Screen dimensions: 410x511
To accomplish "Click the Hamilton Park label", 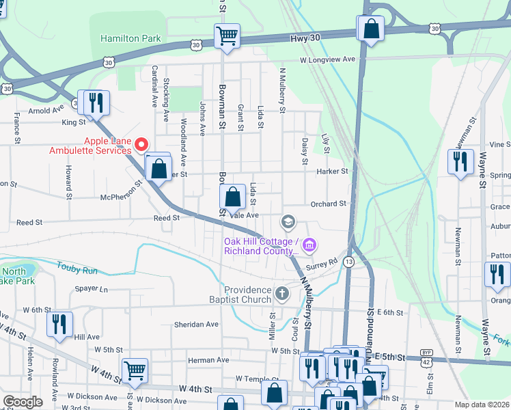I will [130, 38].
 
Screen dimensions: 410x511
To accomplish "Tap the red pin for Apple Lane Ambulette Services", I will [141, 144].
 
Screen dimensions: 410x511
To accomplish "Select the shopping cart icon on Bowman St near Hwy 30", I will [227, 35].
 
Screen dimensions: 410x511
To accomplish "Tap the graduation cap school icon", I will [288, 221].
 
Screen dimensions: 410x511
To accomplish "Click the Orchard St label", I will [328, 204].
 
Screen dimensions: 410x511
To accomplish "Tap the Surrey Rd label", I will [322, 262].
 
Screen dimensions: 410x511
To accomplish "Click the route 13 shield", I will [349, 262].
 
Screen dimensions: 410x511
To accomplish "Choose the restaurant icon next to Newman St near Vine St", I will [460, 161].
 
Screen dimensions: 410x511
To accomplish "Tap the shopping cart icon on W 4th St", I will [135, 370].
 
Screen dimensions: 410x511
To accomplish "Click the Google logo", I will [23, 402].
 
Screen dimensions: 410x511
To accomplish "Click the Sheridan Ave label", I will [195, 324].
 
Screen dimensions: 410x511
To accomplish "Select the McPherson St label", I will [120, 197].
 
